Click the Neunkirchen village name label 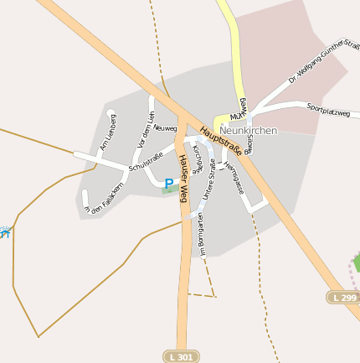pyautogui.click(x=248, y=131)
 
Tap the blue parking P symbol pyautogui.click(x=168, y=184)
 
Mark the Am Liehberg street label pyautogui.click(x=107, y=132)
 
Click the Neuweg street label pyautogui.click(x=165, y=128)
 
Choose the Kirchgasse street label pyautogui.click(x=198, y=158)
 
